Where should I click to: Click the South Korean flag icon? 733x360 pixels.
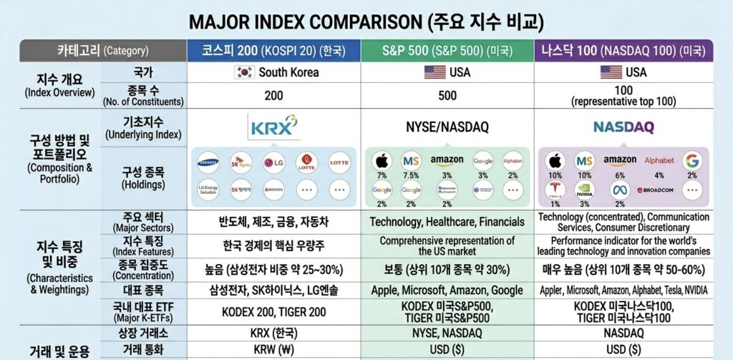(x=245, y=72)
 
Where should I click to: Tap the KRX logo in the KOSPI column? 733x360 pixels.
(x=273, y=127)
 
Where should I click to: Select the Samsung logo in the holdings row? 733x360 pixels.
(x=208, y=162)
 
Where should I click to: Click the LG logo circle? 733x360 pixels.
(x=273, y=162)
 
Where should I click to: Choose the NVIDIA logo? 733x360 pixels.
(x=586, y=190)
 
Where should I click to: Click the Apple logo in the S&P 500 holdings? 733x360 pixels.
(x=381, y=160)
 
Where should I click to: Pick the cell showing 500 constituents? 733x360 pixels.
(x=446, y=95)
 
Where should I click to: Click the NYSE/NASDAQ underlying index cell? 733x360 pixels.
(x=446, y=127)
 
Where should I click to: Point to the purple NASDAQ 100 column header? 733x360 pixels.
(x=623, y=51)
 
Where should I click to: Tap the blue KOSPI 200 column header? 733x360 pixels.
(x=273, y=51)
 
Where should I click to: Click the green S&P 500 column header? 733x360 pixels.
(x=446, y=51)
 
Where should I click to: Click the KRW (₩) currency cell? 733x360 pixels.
(x=273, y=350)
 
